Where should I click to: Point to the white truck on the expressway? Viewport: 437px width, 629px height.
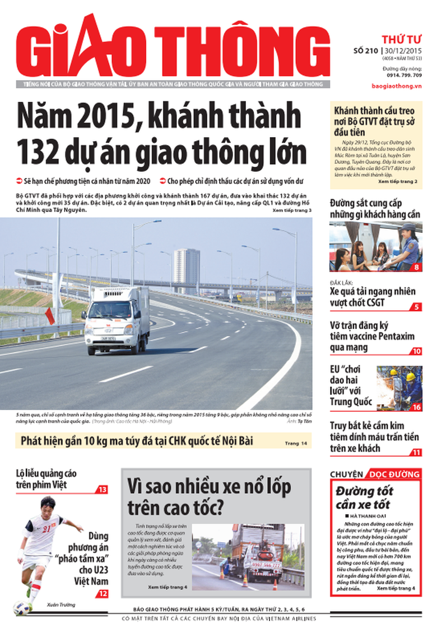click(x=116, y=319)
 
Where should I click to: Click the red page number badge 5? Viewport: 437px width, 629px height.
click(x=416, y=307)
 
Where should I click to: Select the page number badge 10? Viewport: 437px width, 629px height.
click(x=416, y=351)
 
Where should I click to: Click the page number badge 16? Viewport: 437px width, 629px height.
click(x=416, y=407)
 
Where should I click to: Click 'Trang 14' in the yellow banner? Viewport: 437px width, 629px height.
click(x=296, y=443)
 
